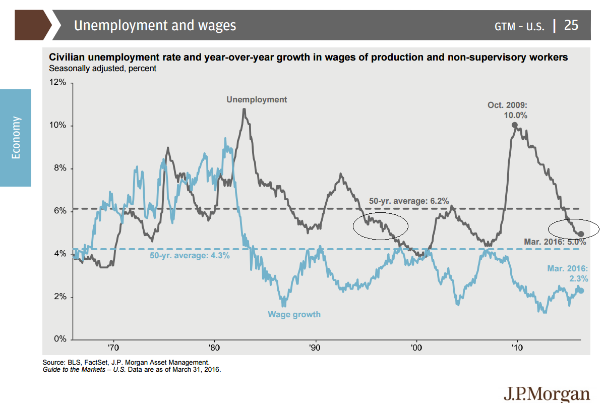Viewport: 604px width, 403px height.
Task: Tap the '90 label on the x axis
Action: [315, 348]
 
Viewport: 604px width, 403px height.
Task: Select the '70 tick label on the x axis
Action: [113, 348]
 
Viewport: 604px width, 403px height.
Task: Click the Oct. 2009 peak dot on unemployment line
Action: [514, 125]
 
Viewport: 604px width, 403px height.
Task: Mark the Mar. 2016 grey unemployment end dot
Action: [581, 234]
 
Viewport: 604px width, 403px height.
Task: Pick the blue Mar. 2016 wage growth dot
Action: [581, 291]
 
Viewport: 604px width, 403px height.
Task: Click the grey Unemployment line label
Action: [257, 99]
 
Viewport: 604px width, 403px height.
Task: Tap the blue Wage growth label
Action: [294, 314]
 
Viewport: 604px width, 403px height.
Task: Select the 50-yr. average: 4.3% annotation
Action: [190, 255]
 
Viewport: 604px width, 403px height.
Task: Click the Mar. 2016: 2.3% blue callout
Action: [567, 273]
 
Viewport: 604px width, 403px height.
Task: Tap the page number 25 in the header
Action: [571, 25]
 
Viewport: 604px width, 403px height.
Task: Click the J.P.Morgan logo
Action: [546, 393]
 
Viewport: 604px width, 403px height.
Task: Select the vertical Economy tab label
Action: [16, 138]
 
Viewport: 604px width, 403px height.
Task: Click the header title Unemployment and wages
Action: [155, 25]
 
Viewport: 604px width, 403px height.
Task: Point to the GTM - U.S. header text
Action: [519, 26]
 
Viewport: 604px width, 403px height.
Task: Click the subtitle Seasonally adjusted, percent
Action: [102, 68]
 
